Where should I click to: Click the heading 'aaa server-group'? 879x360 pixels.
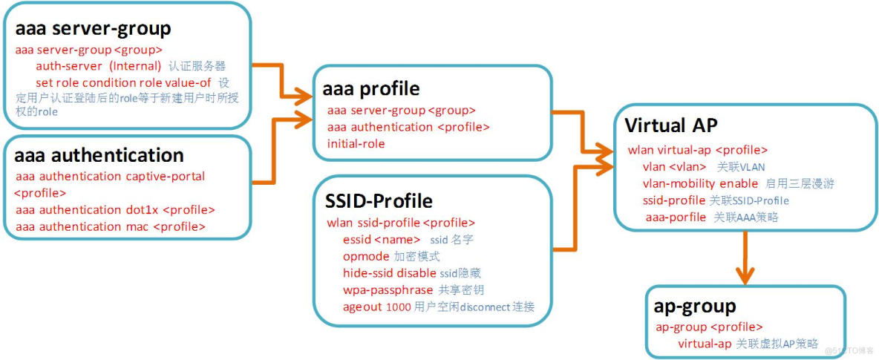tap(93, 29)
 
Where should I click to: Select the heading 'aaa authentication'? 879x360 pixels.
tap(99, 155)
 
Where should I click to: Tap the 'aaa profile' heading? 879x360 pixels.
tap(370, 89)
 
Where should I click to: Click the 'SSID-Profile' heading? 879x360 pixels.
tap(379, 201)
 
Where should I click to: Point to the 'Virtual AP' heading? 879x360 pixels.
tap(671, 125)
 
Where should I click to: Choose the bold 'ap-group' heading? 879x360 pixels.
tap(695, 306)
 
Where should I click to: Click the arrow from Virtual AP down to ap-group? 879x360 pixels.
tap(745, 257)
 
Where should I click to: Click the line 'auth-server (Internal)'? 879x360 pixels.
tap(98, 66)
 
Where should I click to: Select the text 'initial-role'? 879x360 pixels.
tap(356, 143)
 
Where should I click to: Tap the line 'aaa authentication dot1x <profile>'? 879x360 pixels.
tap(115, 210)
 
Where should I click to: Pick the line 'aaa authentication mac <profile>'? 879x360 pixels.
tap(110, 226)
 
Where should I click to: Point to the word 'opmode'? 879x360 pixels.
tap(365, 256)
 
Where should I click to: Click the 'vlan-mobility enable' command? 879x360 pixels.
tap(700, 183)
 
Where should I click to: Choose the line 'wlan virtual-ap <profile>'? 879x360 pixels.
tap(697, 150)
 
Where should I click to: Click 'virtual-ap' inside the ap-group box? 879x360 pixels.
tap(704, 344)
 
